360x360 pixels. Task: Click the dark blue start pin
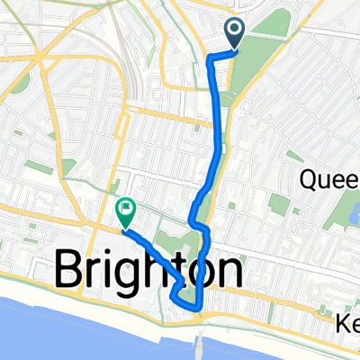pyautogui.click(x=235, y=34)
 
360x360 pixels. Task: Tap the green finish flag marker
pyautogui.click(x=125, y=212)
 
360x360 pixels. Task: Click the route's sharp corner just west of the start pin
pyautogui.click(x=210, y=58)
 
